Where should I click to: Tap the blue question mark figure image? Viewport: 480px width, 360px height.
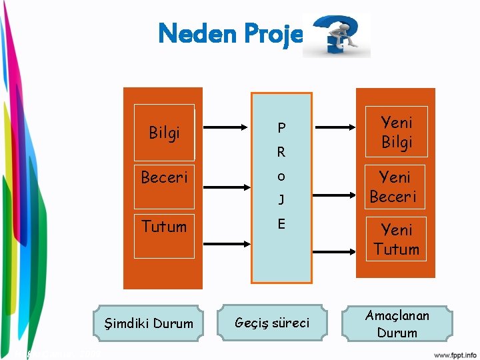point(337,36)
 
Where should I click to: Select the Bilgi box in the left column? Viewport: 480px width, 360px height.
point(164,133)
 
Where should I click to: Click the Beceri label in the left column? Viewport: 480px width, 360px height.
point(164,177)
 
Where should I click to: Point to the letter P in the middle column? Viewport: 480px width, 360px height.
point(281,127)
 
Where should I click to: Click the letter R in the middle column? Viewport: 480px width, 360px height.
point(281,152)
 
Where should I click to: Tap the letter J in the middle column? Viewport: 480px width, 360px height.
point(281,199)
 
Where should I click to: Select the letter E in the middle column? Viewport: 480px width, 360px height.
point(281,224)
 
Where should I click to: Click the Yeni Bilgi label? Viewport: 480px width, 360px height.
point(396,132)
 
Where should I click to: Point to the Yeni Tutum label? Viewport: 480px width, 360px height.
point(396,239)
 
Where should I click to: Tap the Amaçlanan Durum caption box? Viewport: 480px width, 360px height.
point(397,324)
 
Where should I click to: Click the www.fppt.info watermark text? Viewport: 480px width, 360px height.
point(455,354)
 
